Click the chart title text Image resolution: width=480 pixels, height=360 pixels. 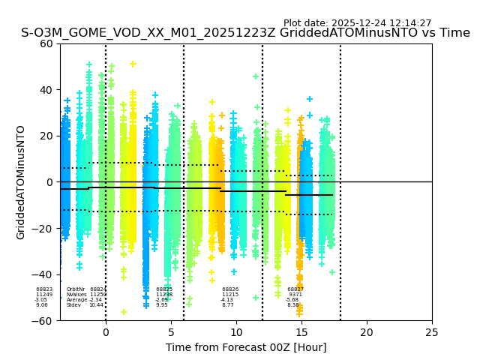[x=245, y=33]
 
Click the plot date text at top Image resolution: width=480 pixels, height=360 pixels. [x=357, y=23]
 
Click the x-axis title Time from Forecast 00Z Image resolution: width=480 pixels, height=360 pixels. [x=246, y=347]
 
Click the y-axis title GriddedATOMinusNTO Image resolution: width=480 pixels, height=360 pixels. [x=21, y=182]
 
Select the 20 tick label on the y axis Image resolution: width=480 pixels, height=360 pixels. [x=46, y=136]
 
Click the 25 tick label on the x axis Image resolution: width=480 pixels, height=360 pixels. [x=432, y=331]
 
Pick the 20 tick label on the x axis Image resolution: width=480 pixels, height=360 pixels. [x=367, y=331]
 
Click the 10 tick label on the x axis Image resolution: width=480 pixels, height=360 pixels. [x=236, y=331]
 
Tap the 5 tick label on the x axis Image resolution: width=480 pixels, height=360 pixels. [x=171, y=331]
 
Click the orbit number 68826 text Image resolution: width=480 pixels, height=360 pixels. [x=230, y=289]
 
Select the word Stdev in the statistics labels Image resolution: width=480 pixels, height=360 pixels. [x=73, y=305]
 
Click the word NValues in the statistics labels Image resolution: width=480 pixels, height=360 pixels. [x=76, y=295]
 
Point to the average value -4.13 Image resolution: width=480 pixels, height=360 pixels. [x=227, y=300]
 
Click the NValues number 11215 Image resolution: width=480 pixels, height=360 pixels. [x=230, y=295]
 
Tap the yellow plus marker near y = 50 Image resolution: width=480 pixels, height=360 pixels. [x=133, y=64]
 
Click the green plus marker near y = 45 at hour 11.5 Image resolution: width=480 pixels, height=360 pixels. [x=256, y=76]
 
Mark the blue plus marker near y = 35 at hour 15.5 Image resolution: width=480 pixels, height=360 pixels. [x=309, y=99]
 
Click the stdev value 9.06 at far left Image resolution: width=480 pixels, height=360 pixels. [x=42, y=305]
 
